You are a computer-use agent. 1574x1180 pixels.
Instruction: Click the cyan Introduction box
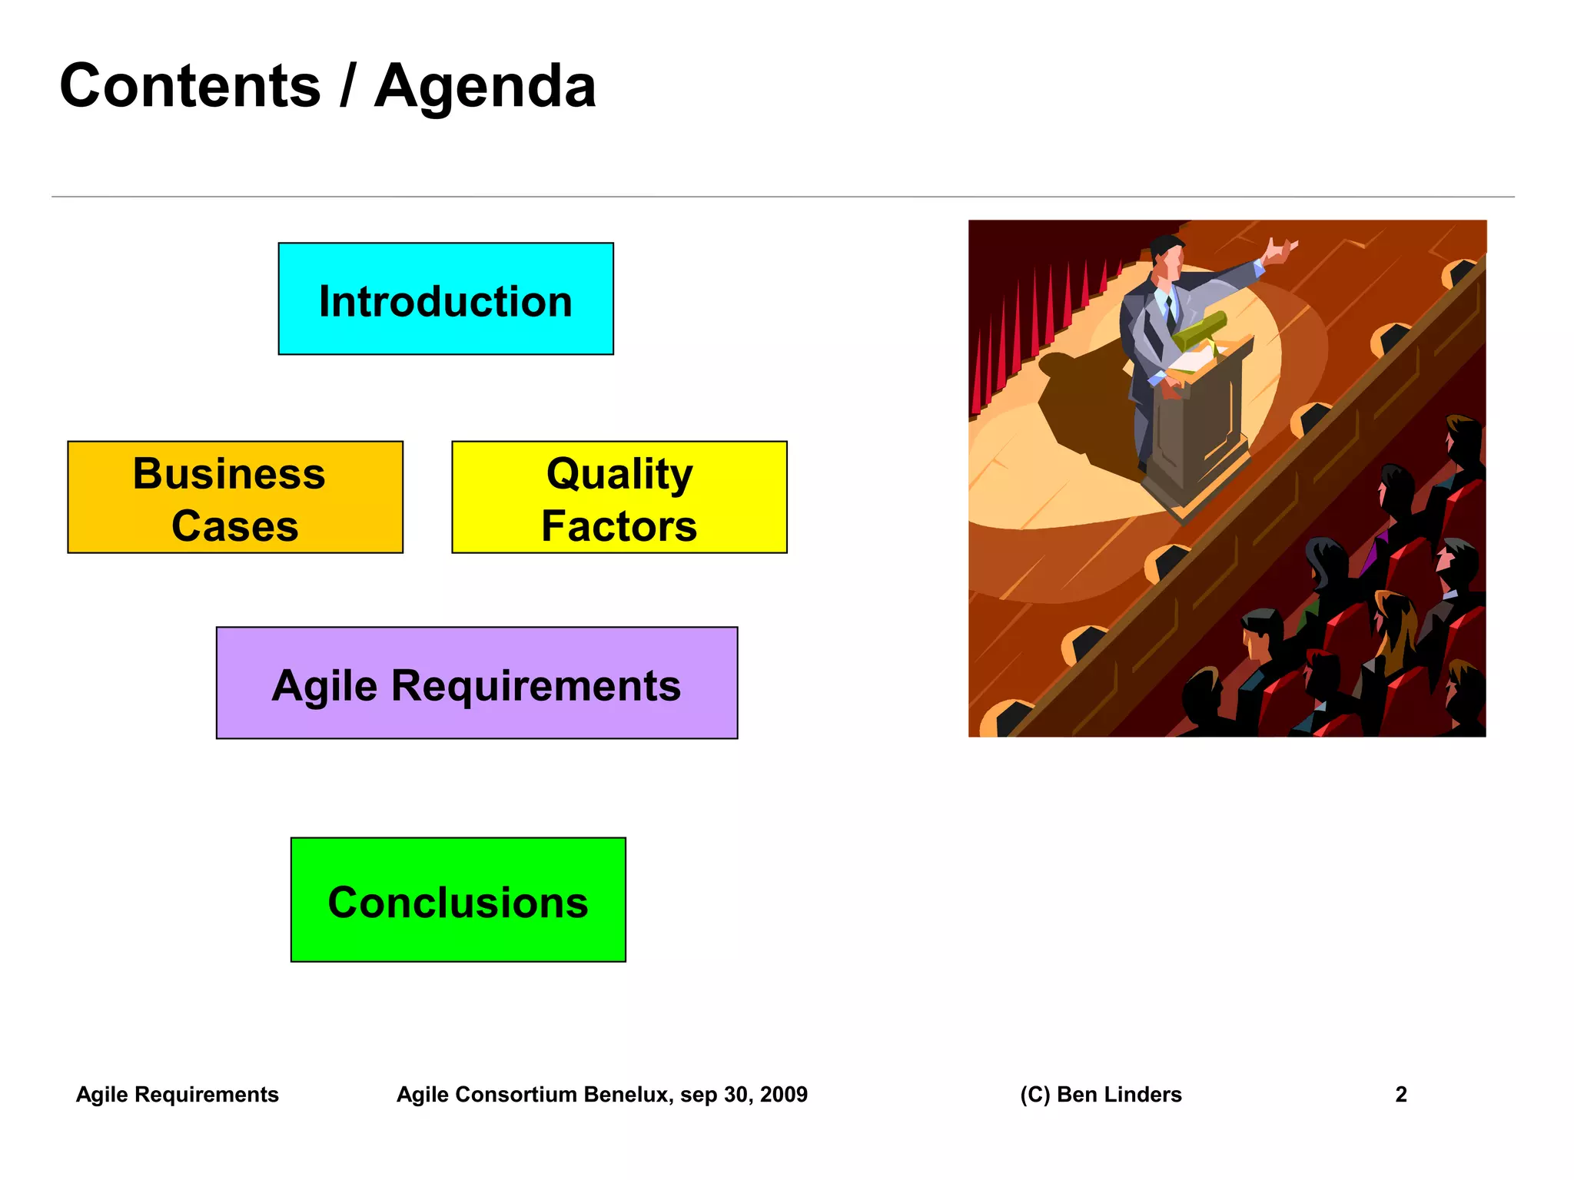tap(445, 299)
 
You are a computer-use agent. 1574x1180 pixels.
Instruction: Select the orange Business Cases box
tap(234, 497)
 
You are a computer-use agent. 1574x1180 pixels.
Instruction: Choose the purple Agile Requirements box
tap(477, 683)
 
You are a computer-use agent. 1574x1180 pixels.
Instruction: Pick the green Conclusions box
tap(458, 900)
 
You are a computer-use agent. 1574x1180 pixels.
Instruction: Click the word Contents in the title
tap(190, 85)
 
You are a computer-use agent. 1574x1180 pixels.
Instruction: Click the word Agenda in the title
tap(485, 87)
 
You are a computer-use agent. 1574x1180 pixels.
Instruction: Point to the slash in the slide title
tap(347, 85)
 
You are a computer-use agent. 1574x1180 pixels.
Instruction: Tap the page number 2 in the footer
tap(1400, 1094)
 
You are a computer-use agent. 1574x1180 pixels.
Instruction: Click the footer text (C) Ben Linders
tap(1101, 1094)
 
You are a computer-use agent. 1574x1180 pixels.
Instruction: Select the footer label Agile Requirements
tap(177, 1094)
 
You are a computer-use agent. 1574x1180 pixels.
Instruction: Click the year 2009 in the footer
tap(783, 1094)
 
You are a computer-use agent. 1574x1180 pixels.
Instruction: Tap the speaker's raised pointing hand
tap(1280, 250)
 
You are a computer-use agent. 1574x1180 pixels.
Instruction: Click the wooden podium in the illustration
tap(1199, 430)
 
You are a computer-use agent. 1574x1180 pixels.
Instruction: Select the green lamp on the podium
tap(1199, 329)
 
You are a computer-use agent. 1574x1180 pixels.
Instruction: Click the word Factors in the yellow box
tap(619, 526)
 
